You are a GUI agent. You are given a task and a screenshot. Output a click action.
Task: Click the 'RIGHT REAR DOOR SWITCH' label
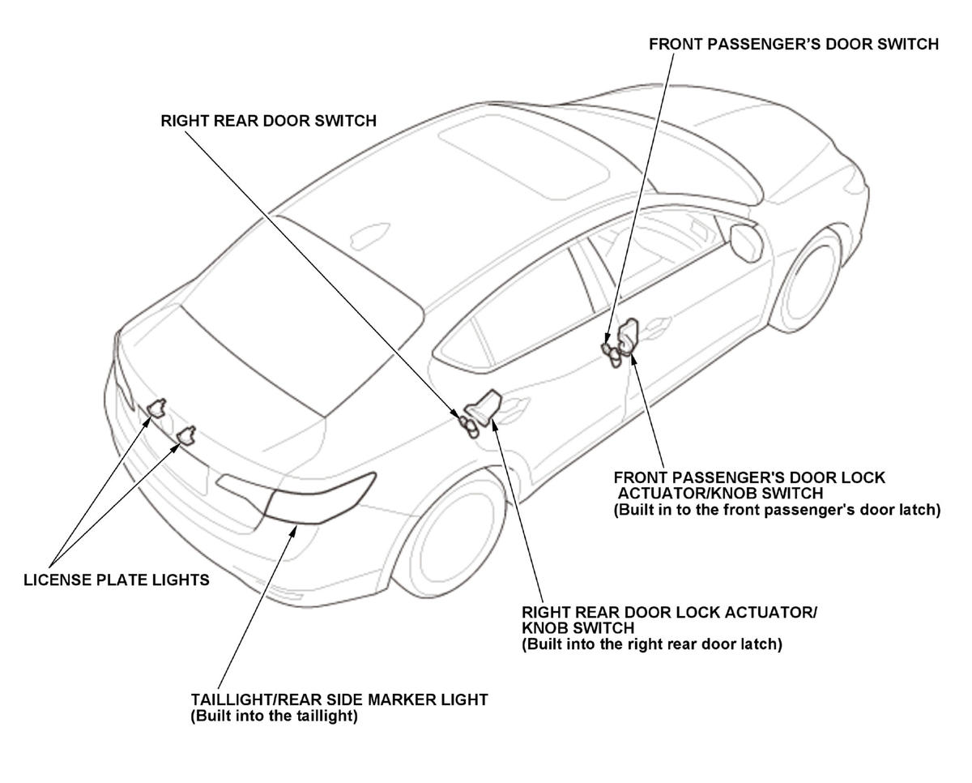268,121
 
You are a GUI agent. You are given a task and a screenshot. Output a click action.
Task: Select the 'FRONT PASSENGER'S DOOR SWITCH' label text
794,45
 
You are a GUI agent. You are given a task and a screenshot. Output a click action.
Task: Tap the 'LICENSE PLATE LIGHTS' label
117,580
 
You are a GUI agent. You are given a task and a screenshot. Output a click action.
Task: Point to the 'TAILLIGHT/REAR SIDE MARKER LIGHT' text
339,700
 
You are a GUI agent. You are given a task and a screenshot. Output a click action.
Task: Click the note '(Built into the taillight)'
274,717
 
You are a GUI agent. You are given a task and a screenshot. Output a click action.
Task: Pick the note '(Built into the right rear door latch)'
651,645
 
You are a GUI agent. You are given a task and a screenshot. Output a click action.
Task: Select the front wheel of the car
807,280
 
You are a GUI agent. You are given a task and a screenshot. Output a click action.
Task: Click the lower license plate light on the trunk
186,436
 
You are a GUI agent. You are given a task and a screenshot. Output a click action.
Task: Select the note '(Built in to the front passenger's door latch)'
776,510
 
